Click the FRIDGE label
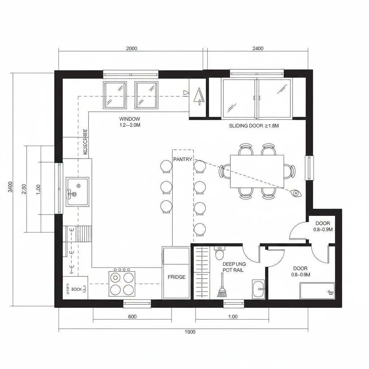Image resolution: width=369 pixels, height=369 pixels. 177,277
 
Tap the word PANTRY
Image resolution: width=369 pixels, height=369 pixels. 183,159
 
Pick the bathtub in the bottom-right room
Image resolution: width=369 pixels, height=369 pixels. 317,291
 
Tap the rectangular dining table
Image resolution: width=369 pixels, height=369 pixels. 257,171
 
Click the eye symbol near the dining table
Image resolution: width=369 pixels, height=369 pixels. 296,194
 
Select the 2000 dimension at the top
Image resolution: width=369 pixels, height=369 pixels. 132,49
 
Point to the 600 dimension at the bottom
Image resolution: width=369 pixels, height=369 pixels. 132,317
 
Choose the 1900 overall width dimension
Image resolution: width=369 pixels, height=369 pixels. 190,332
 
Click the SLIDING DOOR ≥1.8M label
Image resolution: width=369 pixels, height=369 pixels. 254,126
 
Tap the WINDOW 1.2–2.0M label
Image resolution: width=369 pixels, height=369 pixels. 129,122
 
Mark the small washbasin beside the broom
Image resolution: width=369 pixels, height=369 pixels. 258,289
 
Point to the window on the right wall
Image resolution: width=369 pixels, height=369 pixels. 309,168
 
